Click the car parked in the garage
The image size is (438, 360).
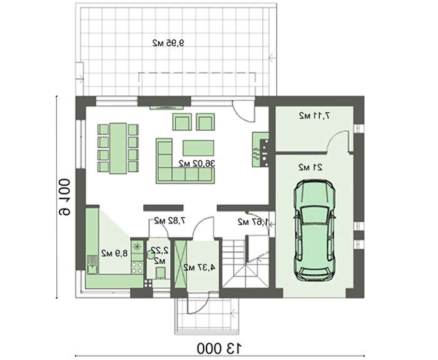[314, 230]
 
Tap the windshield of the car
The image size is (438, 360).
[315, 215]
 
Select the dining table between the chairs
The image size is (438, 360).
[118, 148]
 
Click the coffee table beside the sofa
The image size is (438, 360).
[198, 148]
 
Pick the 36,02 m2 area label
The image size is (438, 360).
[196, 163]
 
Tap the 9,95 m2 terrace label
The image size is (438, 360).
[169, 43]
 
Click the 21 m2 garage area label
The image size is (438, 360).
[310, 167]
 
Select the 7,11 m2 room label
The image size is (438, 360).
[314, 115]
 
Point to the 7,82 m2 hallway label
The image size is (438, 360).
[170, 221]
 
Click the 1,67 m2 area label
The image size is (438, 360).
[253, 222]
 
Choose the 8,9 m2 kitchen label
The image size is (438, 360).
[115, 253]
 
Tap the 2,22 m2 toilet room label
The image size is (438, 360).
[159, 255]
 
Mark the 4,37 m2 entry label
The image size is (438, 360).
[200, 267]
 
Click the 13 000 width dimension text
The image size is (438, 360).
[219, 348]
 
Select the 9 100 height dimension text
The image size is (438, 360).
[64, 197]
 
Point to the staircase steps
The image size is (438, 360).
[245, 262]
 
